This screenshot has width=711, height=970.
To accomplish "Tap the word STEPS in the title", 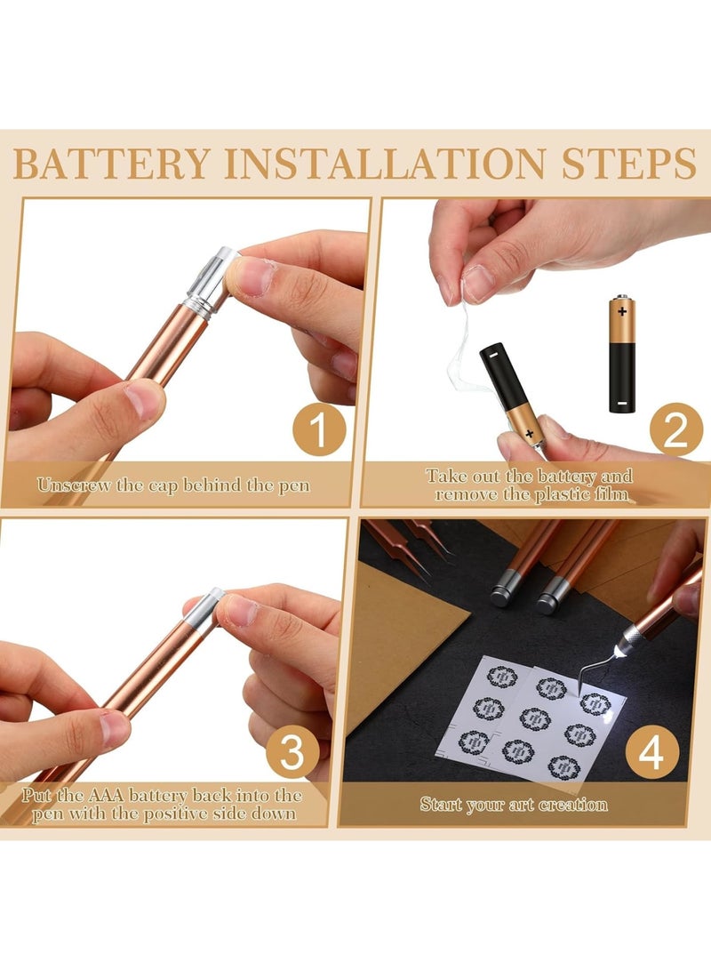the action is click(x=629, y=164).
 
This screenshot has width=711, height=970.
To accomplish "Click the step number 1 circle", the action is click(x=319, y=429).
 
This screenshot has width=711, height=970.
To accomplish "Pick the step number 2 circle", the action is click(x=675, y=429).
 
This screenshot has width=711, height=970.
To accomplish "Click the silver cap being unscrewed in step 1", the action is click(x=211, y=282).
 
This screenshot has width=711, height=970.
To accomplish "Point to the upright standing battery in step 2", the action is click(x=622, y=353).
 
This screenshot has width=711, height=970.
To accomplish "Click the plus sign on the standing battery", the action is click(x=622, y=310).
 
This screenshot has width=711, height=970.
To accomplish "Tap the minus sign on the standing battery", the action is click(x=622, y=404).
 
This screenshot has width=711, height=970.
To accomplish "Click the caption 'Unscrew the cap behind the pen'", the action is click(x=173, y=485).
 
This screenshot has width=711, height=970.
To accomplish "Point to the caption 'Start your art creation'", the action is click(x=514, y=805).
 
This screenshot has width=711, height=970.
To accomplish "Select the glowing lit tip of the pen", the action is click(x=620, y=651).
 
